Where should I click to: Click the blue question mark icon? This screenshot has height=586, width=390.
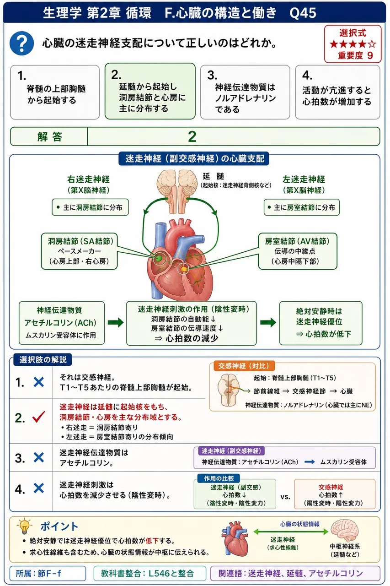coord(21,43)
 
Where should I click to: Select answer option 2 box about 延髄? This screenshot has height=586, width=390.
coord(150,91)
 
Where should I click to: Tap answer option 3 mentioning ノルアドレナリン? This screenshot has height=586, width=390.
coord(245,92)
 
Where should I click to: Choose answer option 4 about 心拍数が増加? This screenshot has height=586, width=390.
coord(337,92)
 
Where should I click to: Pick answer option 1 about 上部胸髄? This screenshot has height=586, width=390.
coord(55,92)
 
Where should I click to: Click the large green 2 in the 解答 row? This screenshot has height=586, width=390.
coord(192,136)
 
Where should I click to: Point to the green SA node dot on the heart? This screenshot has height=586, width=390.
coord(159,258)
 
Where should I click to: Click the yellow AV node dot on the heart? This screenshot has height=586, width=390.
coord(184,269)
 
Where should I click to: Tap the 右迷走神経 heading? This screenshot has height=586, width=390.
coord(88,179)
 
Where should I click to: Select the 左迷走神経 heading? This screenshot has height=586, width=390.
coord(304,179)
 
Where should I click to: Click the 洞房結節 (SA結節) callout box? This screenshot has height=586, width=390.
coord(79,251)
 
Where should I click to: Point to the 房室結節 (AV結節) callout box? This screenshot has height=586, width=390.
coord(298,251)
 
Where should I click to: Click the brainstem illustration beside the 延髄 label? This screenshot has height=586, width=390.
coord(177,190)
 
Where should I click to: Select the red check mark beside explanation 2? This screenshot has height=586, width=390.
coord(39,417)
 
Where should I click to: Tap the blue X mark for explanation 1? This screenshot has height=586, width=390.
coord(39,382)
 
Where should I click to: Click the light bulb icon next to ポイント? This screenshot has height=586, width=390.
coord(25,526)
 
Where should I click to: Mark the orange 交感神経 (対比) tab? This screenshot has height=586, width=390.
coord(244,366)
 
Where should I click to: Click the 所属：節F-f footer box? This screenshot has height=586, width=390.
coord(48,574)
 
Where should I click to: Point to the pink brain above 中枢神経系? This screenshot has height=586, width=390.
coord(344,531)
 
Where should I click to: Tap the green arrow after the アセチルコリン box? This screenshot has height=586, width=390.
coord(116,322)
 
